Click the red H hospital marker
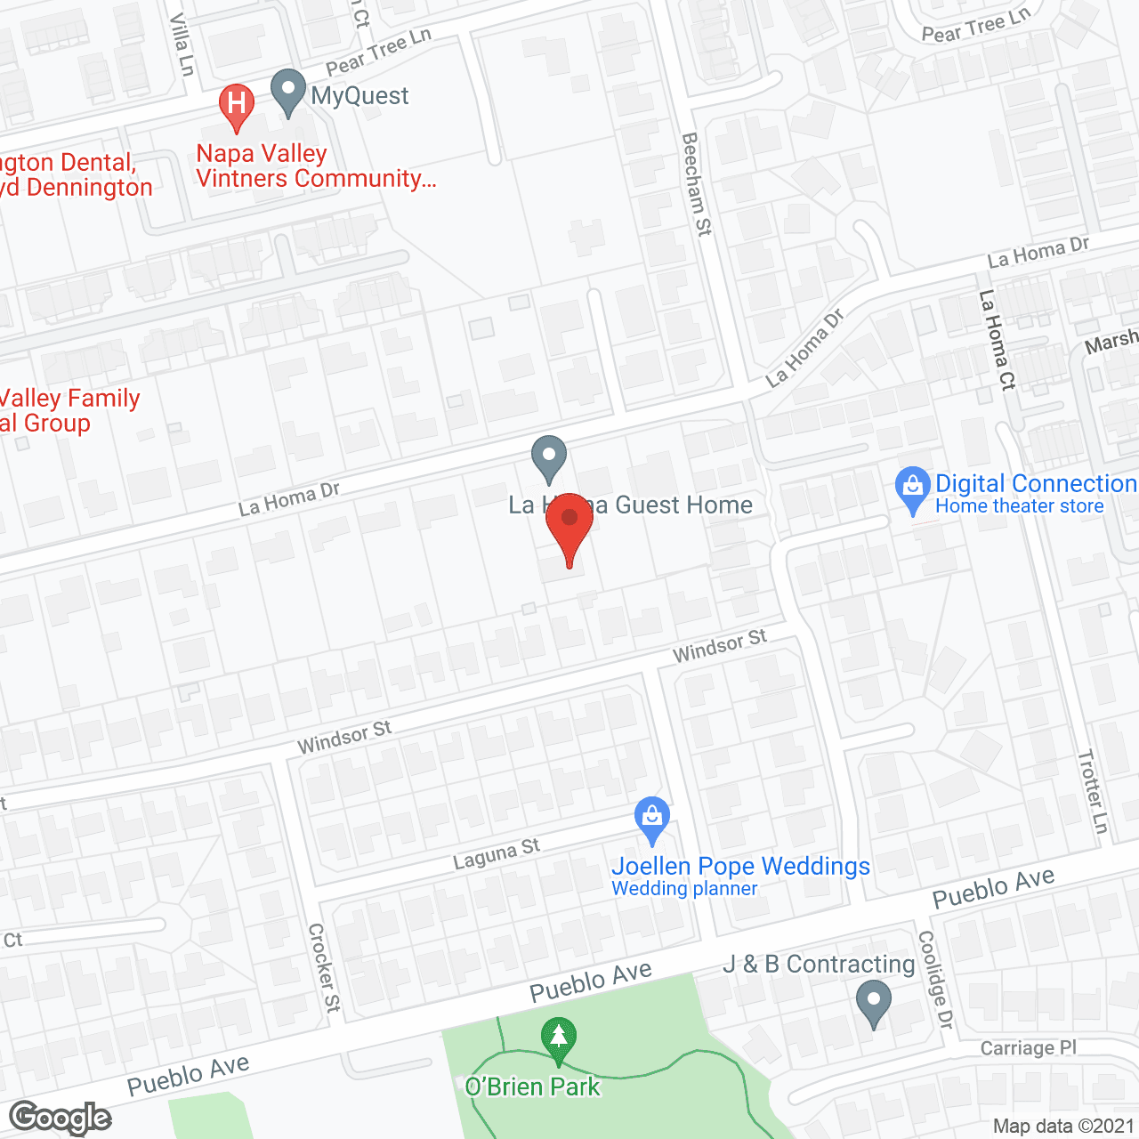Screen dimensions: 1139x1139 [237, 104]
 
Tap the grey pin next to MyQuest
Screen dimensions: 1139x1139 [287, 90]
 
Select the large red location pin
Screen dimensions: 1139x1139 [569, 525]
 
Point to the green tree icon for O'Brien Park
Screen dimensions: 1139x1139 [558, 1038]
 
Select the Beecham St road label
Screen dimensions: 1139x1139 [696, 184]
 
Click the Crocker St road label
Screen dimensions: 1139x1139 [324, 967]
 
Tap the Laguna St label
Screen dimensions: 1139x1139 [497, 854]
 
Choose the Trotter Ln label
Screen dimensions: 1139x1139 [1093, 791]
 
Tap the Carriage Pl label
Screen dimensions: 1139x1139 [1028, 1048]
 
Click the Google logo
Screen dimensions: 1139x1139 [61, 1118]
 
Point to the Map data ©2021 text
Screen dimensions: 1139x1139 [1063, 1127]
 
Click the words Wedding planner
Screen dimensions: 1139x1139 [684, 888]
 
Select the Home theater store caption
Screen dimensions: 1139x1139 [1019, 506]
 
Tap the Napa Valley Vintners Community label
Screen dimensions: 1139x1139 [315, 166]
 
